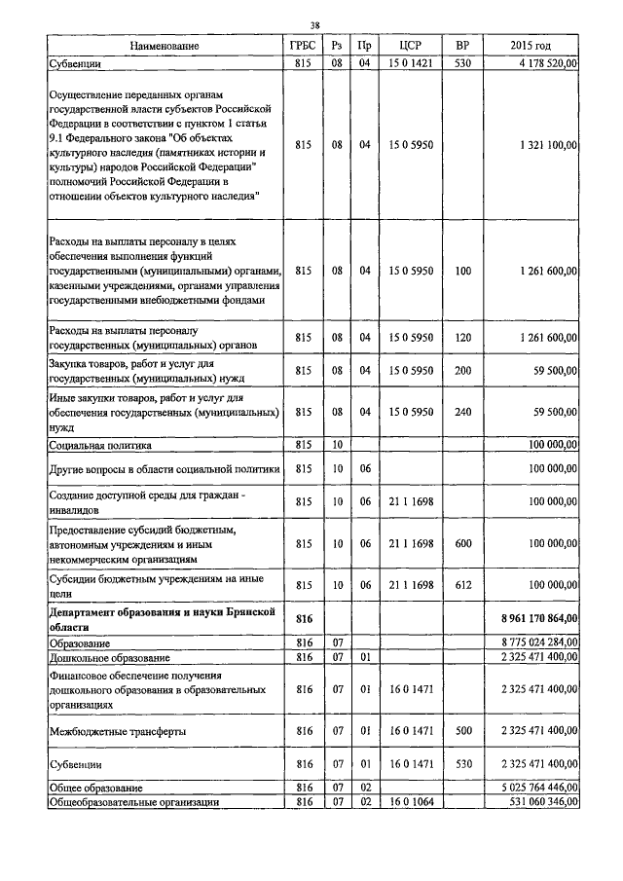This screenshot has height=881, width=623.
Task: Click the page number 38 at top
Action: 314,25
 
